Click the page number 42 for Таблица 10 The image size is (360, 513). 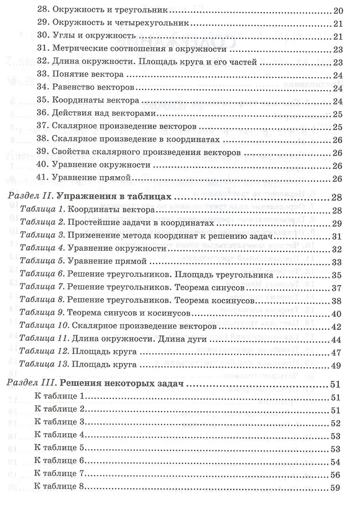click(x=336, y=327)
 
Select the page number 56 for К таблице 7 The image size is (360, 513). click(x=336, y=474)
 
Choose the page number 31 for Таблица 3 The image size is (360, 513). click(x=336, y=237)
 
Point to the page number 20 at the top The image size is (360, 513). click(x=337, y=11)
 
